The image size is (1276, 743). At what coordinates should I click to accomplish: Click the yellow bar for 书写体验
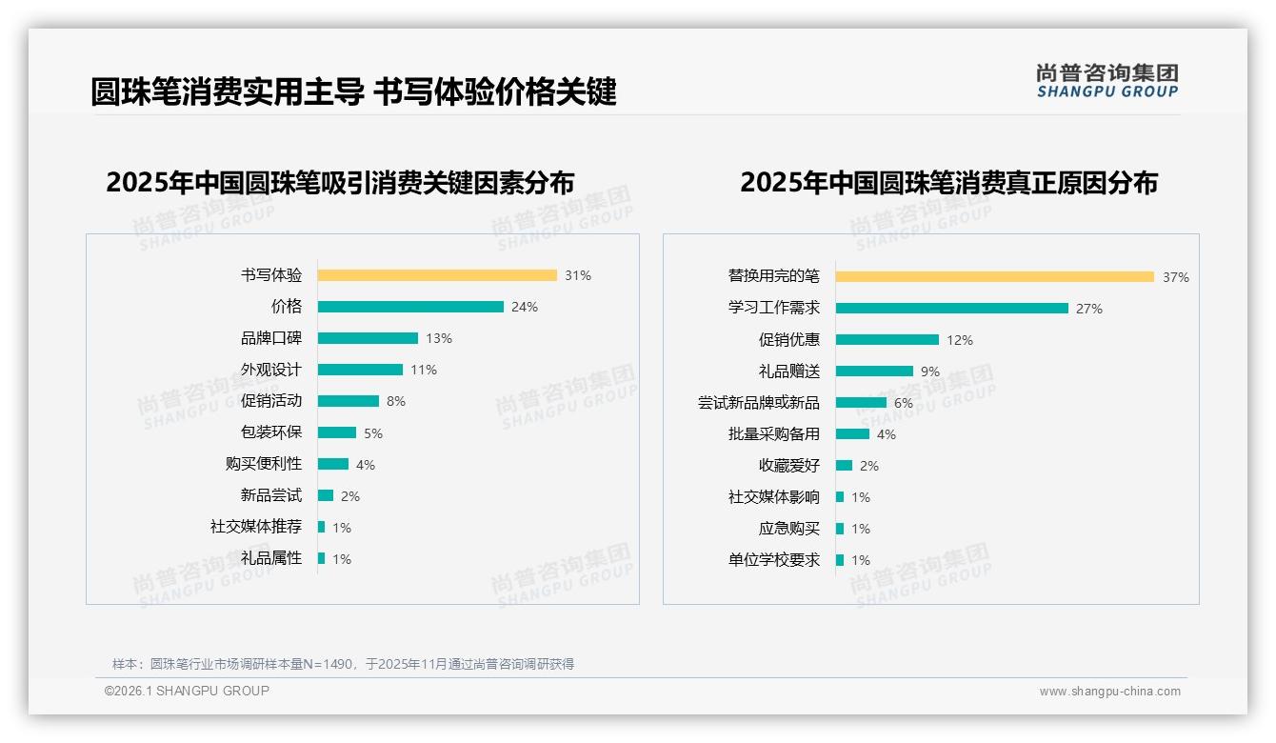pyautogui.click(x=437, y=275)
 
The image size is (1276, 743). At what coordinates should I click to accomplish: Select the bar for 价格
pyautogui.click(x=410, y=307)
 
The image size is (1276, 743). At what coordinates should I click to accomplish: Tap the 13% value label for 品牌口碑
pyautogui.click(x=439, y=338)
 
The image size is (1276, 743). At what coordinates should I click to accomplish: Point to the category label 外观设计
pyautogui.click(x=270, y=370)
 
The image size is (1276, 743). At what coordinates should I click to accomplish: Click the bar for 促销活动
pyautogui.click(x=349, y=401)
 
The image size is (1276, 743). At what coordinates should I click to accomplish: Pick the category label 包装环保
pyautogui.click(x=270, y=432)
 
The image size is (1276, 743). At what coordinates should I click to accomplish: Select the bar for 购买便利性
pyautogui.click(x=333, y=464)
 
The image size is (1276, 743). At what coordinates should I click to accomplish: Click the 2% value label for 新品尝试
pyautogui.click(x=350, y=496)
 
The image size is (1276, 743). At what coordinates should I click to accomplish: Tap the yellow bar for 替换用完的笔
pyautogui.click(x=995, y=277)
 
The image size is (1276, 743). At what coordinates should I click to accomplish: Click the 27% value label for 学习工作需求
pyautogui.click(x=1089, y=309)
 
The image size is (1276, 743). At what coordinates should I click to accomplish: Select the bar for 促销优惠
pyautogui.click(x=887, y=340)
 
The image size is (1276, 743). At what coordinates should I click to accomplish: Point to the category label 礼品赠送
pyautogui.click(x=788, y=371)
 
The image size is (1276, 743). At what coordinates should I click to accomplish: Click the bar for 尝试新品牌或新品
pyautogui.click(x=861, y=403)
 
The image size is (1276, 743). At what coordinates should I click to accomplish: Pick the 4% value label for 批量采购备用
pyautogui.click(x=887, y=434)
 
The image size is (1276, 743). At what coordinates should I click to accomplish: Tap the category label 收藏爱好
pyautogui.click(x=788, y=466)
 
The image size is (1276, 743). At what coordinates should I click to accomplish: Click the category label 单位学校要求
pyautogui.click(x=773, y=560)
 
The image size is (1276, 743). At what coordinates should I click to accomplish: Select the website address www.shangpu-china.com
pyautogui.click(x=1109, y=692)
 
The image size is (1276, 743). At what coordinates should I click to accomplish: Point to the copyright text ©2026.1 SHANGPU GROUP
pyautogui.click(x=187, y=691)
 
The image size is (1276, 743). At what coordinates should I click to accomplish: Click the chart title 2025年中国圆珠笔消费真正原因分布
pyautogui.click(x=948, y=183)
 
